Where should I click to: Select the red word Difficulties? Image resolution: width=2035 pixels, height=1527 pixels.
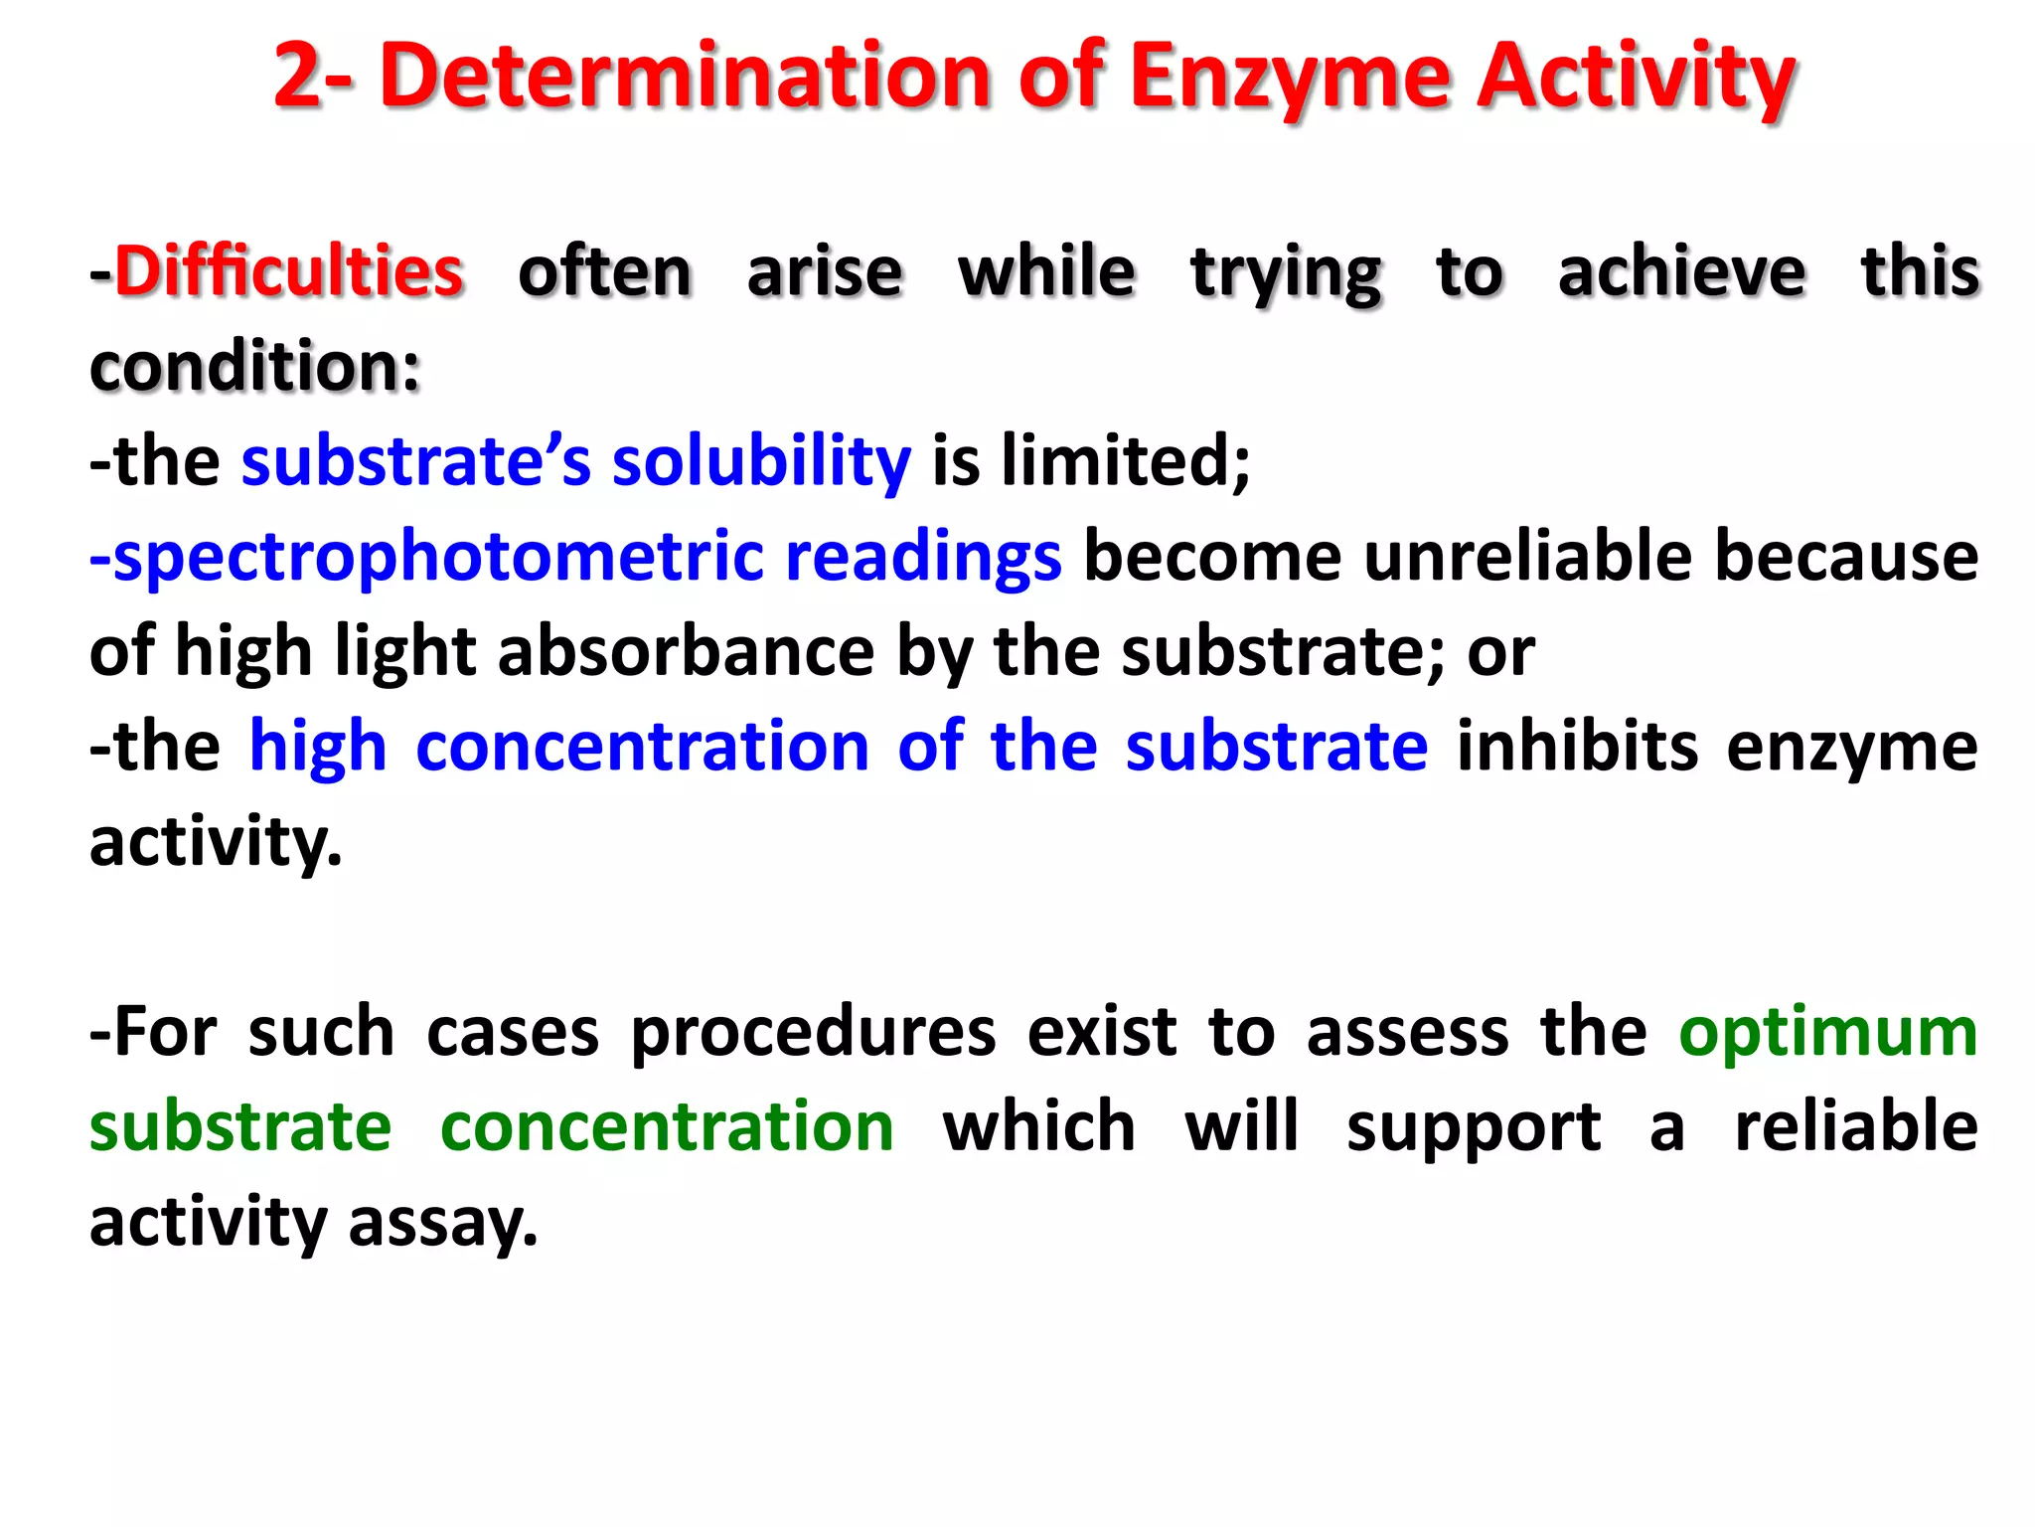point(289,271)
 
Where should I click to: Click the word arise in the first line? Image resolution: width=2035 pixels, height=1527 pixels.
point(825,271)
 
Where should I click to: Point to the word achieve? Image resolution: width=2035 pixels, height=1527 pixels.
point(1681,271)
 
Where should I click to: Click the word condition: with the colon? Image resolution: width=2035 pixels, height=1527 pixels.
point(255,366)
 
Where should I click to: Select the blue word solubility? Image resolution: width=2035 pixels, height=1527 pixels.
point(761,461)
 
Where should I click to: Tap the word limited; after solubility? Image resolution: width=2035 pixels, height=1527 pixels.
point(1126,461)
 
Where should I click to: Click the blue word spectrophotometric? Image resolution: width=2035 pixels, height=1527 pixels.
point(438,557)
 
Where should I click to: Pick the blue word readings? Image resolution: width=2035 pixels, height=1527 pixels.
point(923,557)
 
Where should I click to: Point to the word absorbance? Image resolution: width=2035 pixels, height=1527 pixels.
point(686,651)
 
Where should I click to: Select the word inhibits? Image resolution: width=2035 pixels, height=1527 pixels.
point(1577,747)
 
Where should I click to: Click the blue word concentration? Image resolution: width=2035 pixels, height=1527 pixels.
point(642,747)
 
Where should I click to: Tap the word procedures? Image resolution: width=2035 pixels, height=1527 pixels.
point(813,1032)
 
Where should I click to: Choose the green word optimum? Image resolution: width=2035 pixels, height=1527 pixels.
point(1828,1032)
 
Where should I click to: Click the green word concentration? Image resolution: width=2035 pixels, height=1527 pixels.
point(667,1127)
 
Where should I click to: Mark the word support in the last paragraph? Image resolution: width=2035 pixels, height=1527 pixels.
point(1474,1127)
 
